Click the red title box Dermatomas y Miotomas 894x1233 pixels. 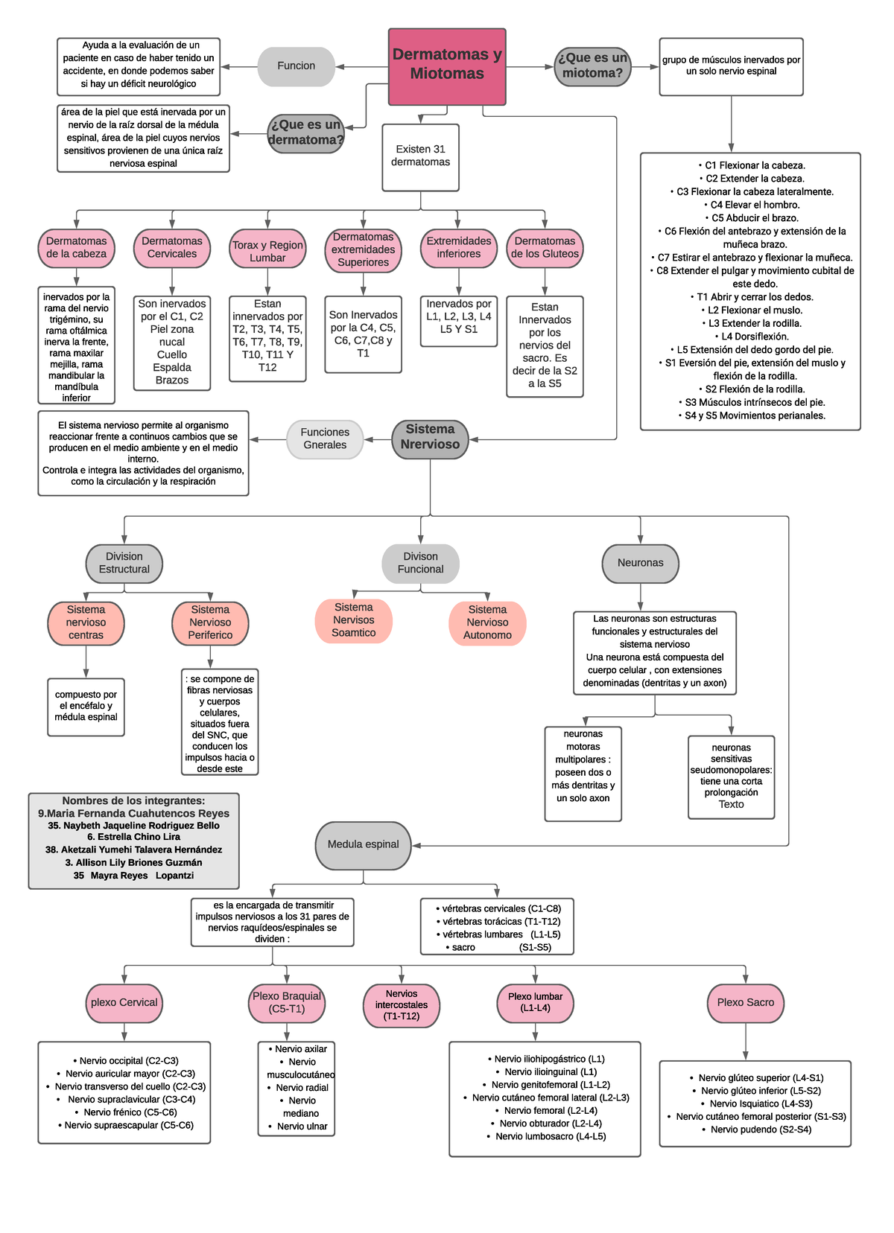447,66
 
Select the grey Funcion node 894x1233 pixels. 296,66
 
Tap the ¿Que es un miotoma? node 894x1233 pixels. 592,66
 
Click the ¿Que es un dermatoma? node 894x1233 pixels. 305,133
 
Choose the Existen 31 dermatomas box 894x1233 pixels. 420,156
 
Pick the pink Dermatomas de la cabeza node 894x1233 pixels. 76,248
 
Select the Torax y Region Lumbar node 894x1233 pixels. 267,251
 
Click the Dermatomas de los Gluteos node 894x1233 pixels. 545,248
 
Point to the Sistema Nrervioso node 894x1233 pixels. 430,438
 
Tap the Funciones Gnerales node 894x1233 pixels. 325,439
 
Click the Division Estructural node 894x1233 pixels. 124,563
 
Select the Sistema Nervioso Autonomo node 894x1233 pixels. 487,622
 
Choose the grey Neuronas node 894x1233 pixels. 640,563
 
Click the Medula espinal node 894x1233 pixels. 363,844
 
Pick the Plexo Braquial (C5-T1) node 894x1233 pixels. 286,1002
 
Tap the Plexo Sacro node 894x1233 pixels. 745,1002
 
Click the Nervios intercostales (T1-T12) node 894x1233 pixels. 402,1005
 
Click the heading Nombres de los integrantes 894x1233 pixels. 133,801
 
